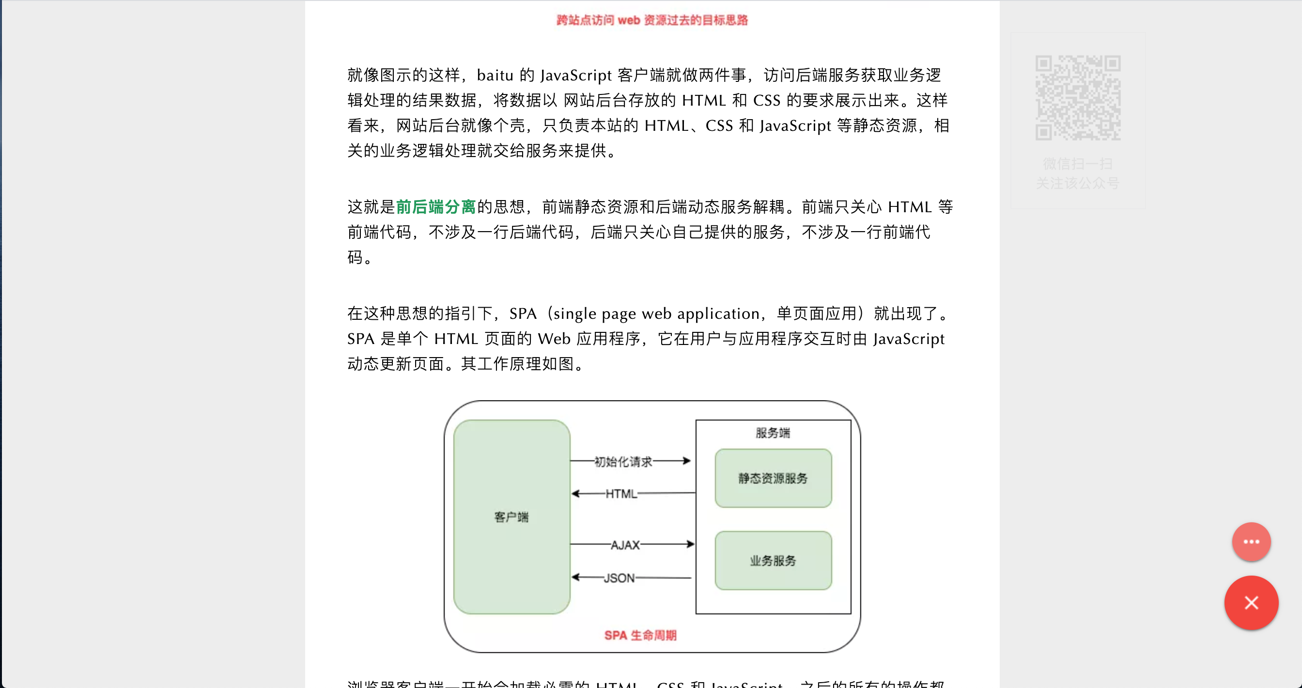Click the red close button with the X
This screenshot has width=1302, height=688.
click(x=1251, y=603)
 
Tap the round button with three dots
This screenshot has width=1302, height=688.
click(x=1251, y=542)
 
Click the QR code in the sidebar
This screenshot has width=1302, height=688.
click(x=1078, y=97)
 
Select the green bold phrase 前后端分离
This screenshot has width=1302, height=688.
click(x=435, y=207)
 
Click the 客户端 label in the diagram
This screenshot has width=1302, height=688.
click(x=511, y=517)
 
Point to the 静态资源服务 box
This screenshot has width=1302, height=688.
click(x=773, y=478)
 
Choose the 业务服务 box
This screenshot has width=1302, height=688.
click(x=773, y=561)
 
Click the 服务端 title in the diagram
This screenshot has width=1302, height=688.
click(x=772, y=433)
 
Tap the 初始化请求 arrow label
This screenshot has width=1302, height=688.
click(x=623, y=462)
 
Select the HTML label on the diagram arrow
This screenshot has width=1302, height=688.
click(x=621, y=494)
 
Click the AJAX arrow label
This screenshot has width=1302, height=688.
click(x=625, y=545)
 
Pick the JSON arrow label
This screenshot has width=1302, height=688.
click(x=619, y=578)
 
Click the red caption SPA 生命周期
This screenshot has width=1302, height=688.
click(x=640, y=635)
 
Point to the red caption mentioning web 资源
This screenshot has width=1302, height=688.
click(x=652, y=20)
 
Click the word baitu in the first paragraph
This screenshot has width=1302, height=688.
click(x=495, y=75)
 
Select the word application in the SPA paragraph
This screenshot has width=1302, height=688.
click(x=718, y=314)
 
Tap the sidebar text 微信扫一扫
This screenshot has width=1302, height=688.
click(x=1078, y=164)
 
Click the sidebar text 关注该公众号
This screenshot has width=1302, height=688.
click(x=1078, y=183)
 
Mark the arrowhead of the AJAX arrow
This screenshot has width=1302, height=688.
click(x=690, y=545)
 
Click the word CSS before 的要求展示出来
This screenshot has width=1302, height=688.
click(x=767, y=101)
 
